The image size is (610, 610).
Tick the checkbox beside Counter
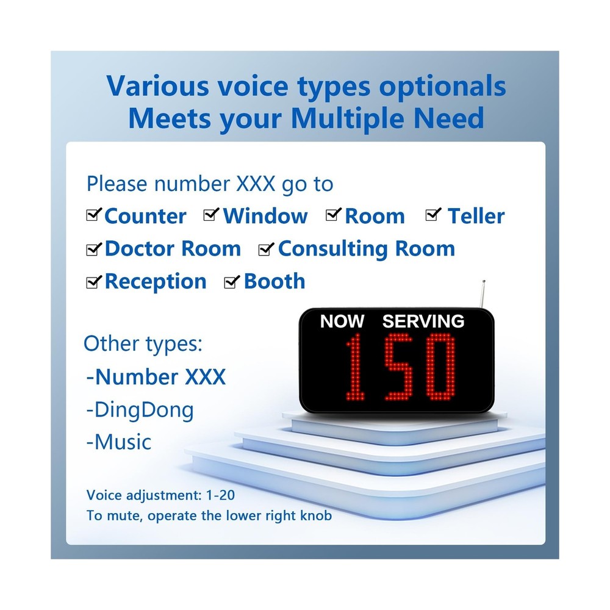pyautogui.click(x=93, y=215)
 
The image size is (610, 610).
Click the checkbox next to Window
pyautogui.click(x=211, y=215)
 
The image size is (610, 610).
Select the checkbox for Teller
pyautogui.click(x=432, y=215)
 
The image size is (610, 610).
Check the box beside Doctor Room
pyautogui.click(x=93, y=249)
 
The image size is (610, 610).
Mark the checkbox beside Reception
pyautogui.click(x=93, y=282)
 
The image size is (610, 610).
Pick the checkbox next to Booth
pyautogui.click(x=231, y=282)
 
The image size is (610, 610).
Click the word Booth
pyautogui.click(x=274, y=281)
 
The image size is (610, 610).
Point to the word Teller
pyautogui.click(x=476, y=216)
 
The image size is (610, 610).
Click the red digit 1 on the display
pyautogui.click(x=354, y=367)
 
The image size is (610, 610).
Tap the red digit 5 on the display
pyautogui.click(x=398, y=367)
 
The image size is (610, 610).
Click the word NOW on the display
pyautogui.click(x=342, y=321)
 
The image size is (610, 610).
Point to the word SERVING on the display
pyautogui.click(x=423, y=321)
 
